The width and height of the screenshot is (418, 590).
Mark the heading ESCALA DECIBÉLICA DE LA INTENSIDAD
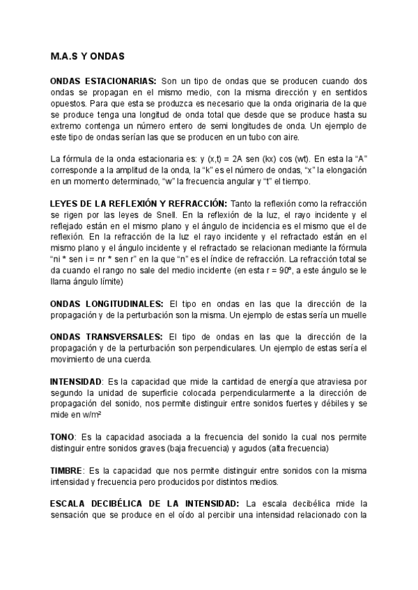pos(145,503)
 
